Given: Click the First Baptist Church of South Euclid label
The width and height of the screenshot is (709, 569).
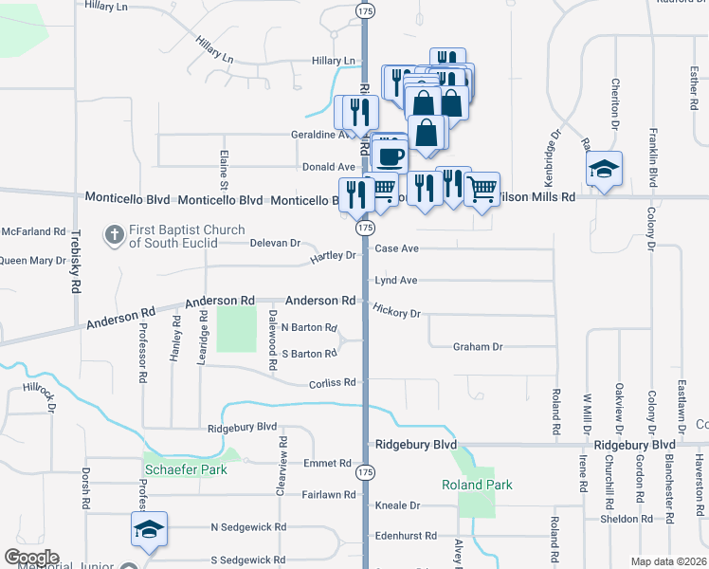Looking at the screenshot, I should (x=187, y=235).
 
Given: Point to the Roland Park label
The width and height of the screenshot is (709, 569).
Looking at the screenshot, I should (x=477, y=485).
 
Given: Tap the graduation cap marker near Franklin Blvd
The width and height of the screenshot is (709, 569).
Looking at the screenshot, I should (x=604, y=171).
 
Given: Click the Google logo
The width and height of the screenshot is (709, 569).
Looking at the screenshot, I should (x=31, y=558).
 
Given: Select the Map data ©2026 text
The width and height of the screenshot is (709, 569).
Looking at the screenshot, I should (x=669, y=561).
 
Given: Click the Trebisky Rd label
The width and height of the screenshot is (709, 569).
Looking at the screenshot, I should (x=76, y=259).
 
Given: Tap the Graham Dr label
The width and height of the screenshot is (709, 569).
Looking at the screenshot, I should (x=477, y=347).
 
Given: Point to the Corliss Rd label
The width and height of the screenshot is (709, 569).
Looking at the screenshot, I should (x=332, y=383).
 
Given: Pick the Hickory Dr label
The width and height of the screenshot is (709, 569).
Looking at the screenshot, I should (x=396, y=311).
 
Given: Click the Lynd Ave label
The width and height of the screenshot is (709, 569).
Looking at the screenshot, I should (x=396, y=281).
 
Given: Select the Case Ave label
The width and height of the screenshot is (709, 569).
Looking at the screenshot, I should (x=396, y=248).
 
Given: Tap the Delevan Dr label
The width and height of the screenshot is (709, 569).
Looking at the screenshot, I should (x=275, y=243).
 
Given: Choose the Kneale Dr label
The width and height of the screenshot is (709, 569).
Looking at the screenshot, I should (x=397, y=505).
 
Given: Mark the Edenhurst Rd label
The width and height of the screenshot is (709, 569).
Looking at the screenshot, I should (x=405, y=536).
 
